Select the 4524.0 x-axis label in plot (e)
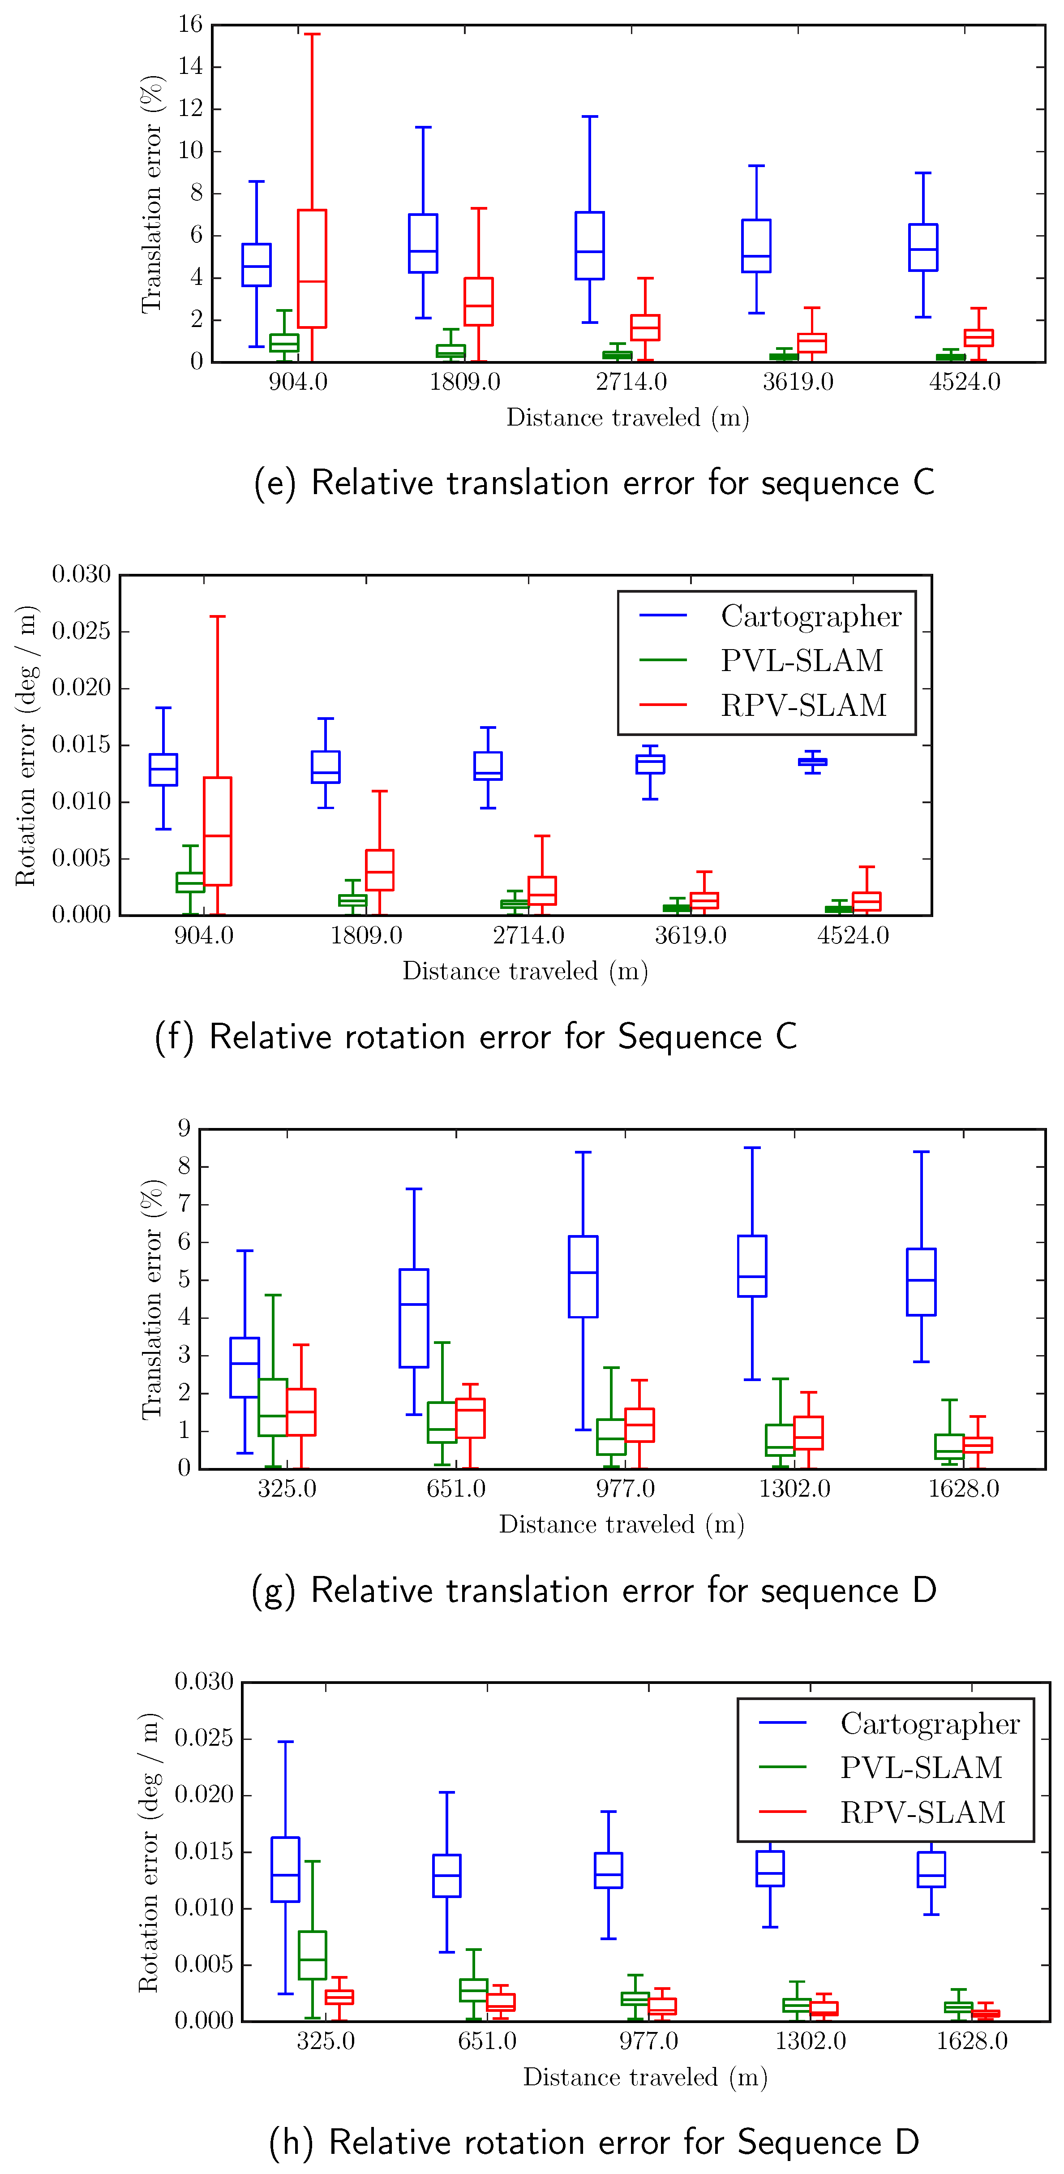click(965, 382)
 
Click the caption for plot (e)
click(594, 483)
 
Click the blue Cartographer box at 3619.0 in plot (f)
click(650, 764)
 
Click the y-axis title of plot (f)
click(26, 745)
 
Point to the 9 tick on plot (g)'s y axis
click(183, 1128)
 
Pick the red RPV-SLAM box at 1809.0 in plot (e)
click(478, 301)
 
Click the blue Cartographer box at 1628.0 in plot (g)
click(921, 1281)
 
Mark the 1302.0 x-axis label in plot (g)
click(794, 1489)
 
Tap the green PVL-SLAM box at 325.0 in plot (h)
click(312, 1954)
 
